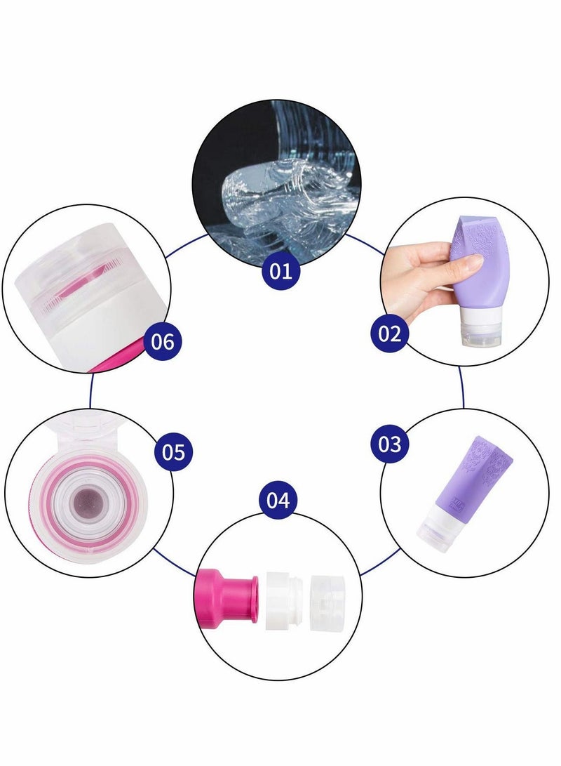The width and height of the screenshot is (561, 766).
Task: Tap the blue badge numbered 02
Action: [x=389, y=334]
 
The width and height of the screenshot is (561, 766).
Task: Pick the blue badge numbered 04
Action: [x=278, y=501]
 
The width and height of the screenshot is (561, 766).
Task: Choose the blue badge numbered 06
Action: [x=162, y=342]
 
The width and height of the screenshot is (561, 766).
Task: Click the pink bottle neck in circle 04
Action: [x=226, y=594]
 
